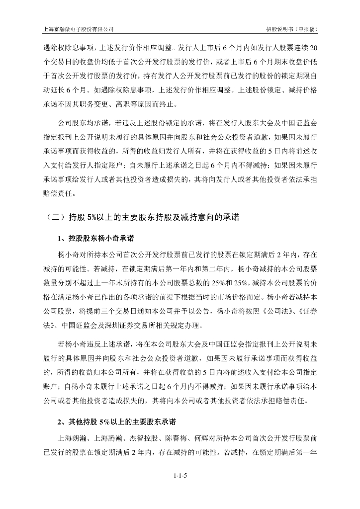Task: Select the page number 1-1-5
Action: coord(180,476)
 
